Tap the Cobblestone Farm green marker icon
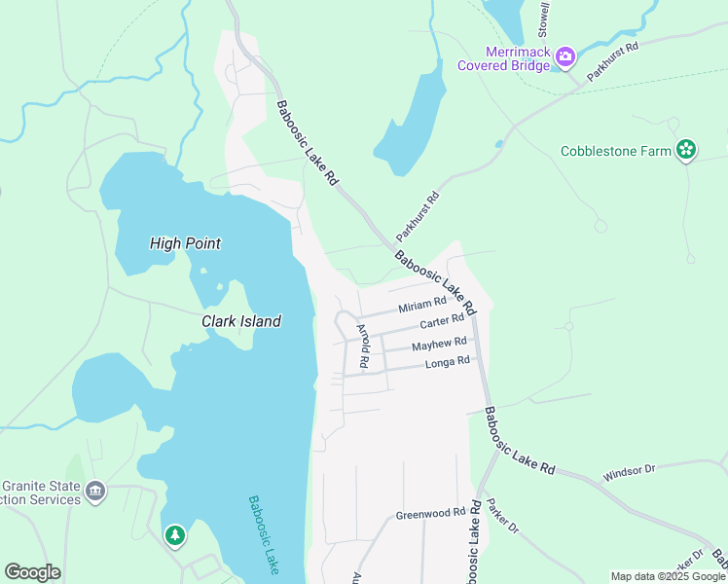click(686, 150)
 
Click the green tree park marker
click(175, 535)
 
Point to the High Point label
click(185, 243)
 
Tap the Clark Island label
click(241, 321)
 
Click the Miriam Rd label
click(421, 307)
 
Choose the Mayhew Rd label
click(439, 344)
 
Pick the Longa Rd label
click(448, 362)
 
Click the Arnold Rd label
click(363, 346)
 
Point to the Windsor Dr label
click(629, 468)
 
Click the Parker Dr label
click(503, 517)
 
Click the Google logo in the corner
click(32, 572)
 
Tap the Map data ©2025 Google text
click(667, 576)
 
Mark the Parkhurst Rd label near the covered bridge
click(612, 60)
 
